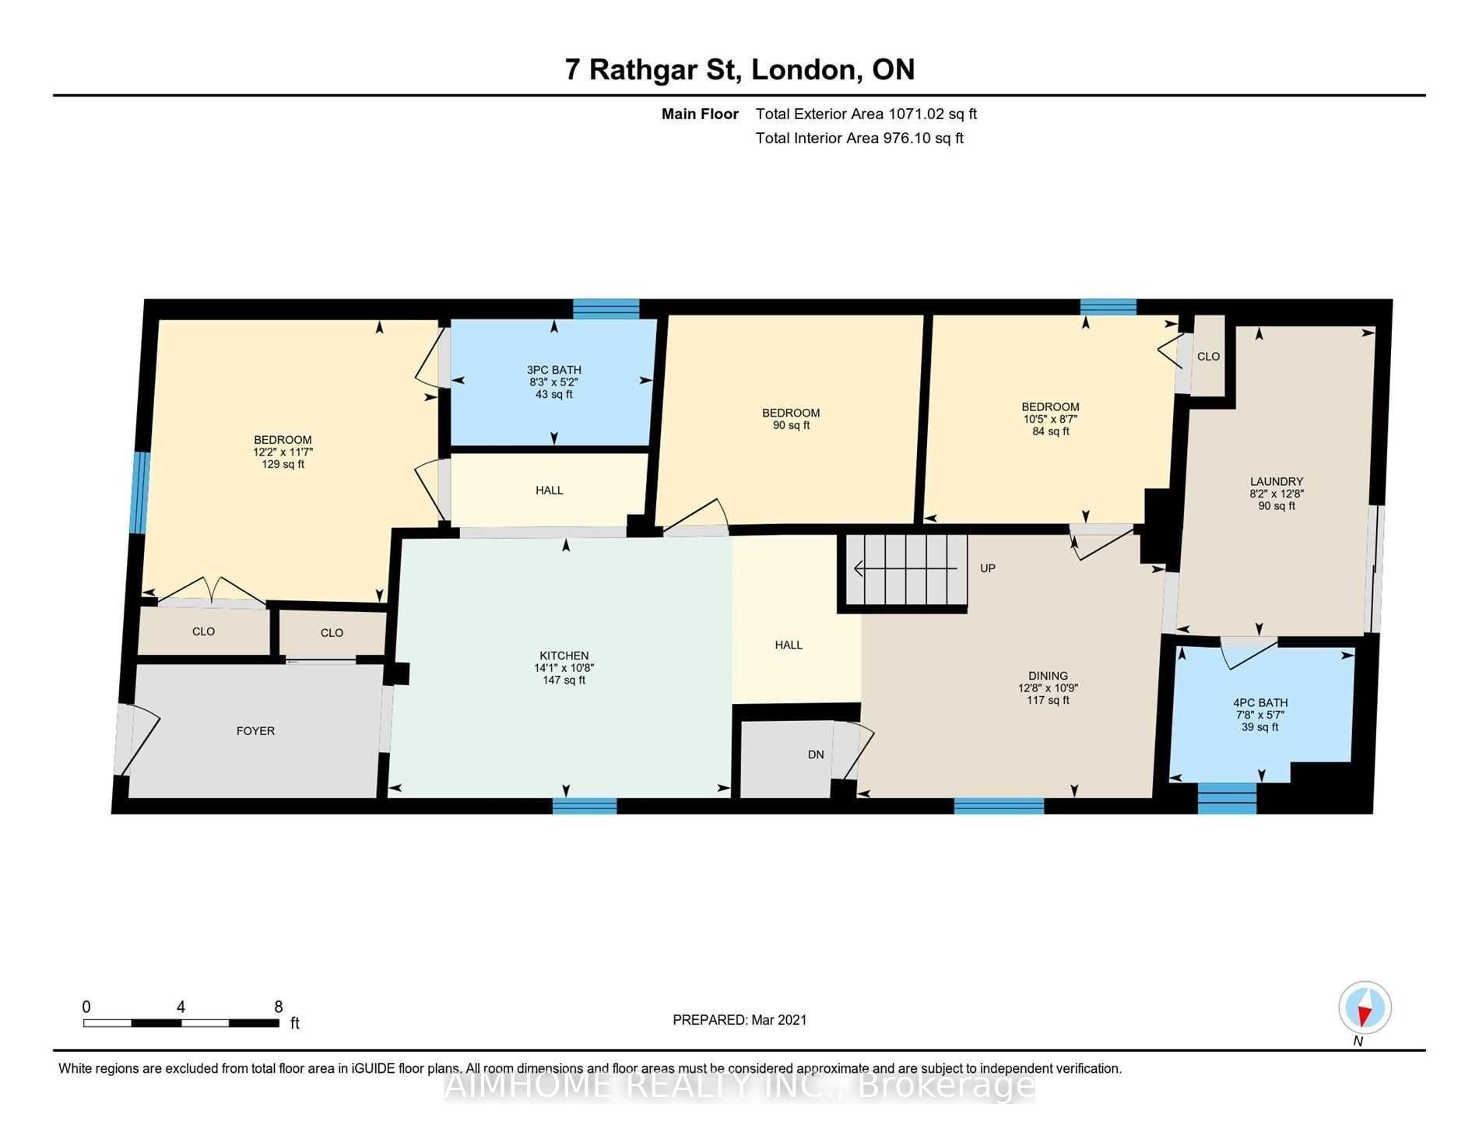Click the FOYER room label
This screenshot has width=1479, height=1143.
click(x=255, y=731)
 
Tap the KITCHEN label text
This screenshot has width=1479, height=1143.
click(x=564, y=656)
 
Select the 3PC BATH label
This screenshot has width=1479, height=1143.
click(x=553, y=371)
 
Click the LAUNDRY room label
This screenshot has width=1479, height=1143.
click(x=1276, y=482)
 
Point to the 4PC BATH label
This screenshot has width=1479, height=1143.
click(x=1260, y=703)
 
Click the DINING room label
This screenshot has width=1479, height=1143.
click(x=1048, y=676)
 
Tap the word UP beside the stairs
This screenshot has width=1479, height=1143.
click(x=987, y=568)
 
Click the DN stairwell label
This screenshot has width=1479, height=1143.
click(x=815, y=754)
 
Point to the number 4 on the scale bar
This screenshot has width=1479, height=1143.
click(x=181, y=1007)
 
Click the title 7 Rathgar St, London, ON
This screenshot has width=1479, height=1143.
click(x=739, y=69)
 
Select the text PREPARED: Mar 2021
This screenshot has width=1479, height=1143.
click(x=739, y=1020)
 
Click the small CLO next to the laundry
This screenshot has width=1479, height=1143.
click(x=1208, y=357)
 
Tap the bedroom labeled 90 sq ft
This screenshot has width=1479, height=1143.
click(x=790, y=419)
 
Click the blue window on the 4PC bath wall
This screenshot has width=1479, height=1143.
click(x=1226, y=799)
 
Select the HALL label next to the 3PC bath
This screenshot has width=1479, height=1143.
click(x=549, y=491)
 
